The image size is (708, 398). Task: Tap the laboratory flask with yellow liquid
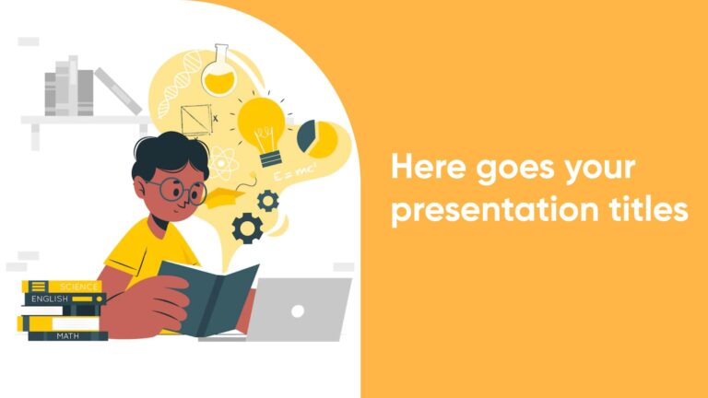(x=219, y=71)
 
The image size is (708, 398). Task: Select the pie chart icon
(x=317, y=136)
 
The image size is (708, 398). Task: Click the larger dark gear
(x=247, y=227)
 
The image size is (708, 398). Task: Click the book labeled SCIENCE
(x=62, y=287)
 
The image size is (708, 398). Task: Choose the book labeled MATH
(x=66, y=335)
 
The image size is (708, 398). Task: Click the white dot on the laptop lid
(x=298, y=310)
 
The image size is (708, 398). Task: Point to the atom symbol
(x=222, y=166)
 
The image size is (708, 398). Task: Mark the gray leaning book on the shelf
(x=118, y=91)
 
